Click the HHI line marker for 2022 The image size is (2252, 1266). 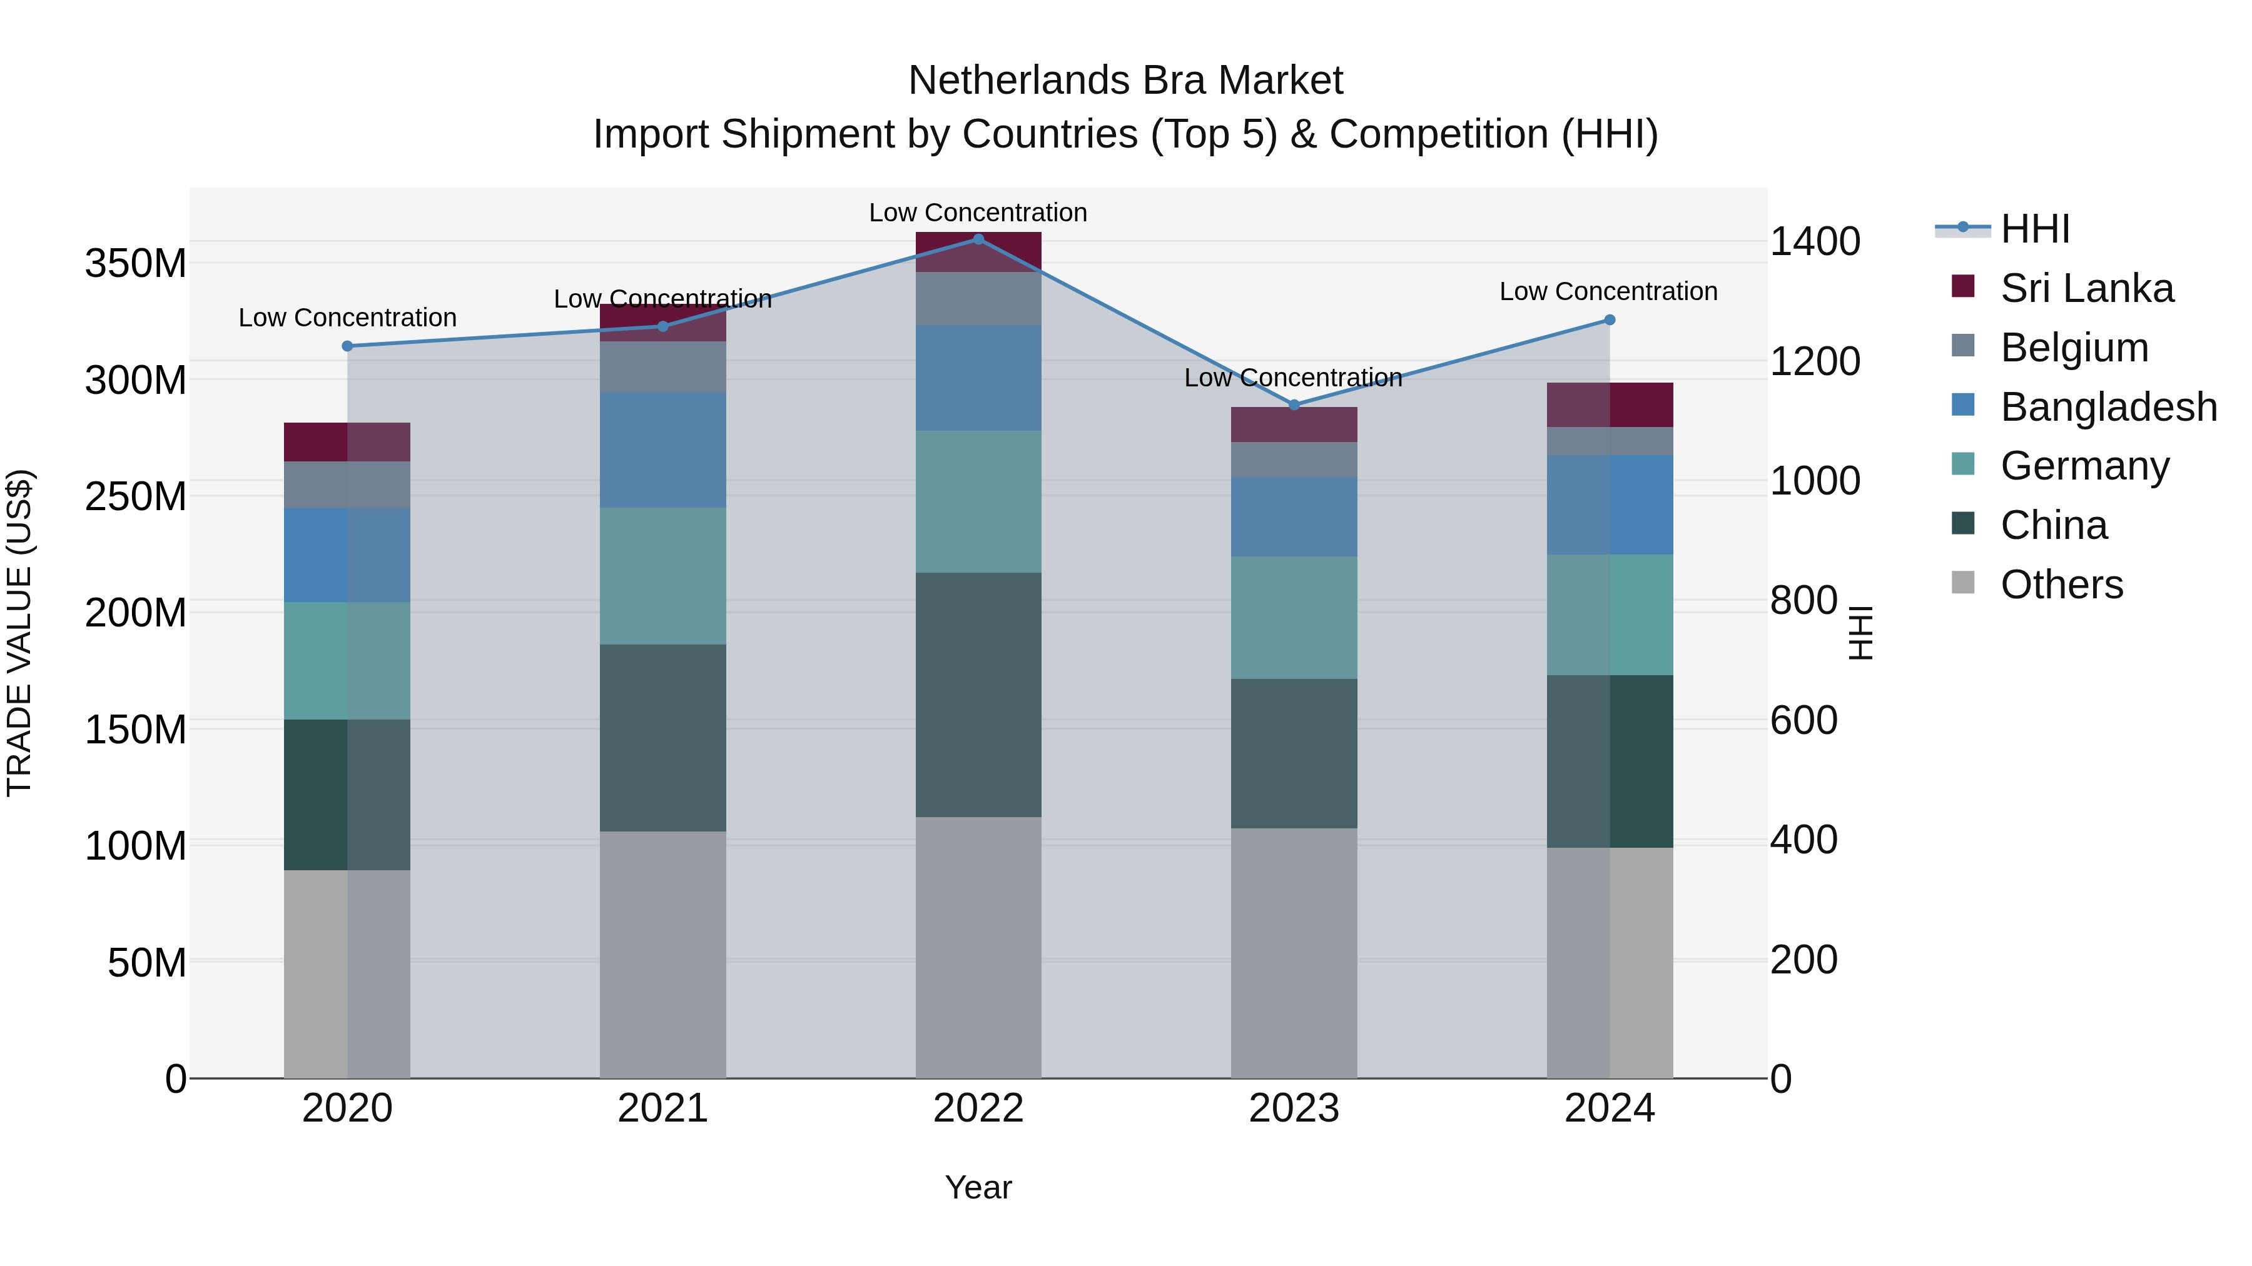coord(978,239)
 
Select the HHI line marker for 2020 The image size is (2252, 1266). coord(347,346)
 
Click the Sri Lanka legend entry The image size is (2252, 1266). coord(2086,288)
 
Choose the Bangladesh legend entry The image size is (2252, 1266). coord(2107,407)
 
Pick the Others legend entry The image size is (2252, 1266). coord(2061,585)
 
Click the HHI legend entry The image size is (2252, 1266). coord(2034,229)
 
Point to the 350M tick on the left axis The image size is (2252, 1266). coord(136,264)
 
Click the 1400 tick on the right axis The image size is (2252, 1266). coord(1815,241)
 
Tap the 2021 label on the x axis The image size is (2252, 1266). coord(662,1108)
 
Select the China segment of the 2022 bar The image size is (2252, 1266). coord(978,695)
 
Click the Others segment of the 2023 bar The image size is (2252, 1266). coord(1294,952)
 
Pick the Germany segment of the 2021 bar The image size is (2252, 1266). coord(662,576)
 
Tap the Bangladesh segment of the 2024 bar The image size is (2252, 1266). coord(1610,504)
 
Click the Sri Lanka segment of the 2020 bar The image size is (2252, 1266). coord(347,442)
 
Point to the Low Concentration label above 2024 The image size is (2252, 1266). coord(1608,291)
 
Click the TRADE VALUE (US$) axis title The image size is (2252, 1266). coord(20,633)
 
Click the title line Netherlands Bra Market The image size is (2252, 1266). coord(1125,81)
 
